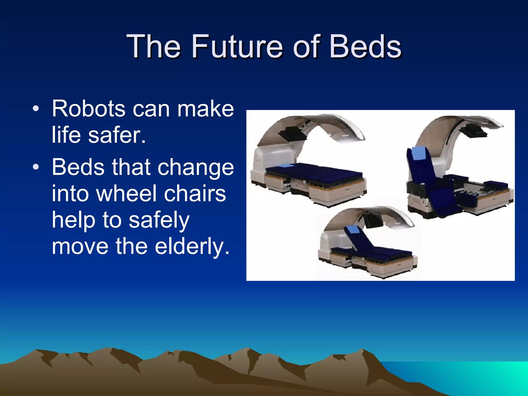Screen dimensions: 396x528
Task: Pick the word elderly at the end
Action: coord(192,246)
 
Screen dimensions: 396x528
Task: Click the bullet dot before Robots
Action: coord(36,109)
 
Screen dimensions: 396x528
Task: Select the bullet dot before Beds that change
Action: coord(36,167)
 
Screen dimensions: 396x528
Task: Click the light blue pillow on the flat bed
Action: coord(286,166)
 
